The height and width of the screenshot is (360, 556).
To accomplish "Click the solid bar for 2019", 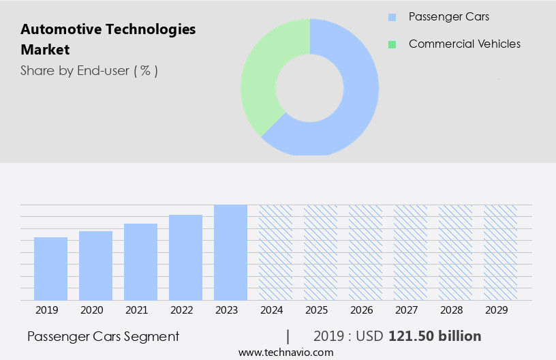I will click(50, 269).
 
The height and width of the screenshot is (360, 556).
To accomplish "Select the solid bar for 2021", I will click(140, 262).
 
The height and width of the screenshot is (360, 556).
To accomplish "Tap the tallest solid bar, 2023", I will click(230, 252).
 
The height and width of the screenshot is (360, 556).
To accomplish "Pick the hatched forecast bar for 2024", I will click(275, 252).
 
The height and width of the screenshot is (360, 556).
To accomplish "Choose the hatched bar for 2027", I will click(410, 252).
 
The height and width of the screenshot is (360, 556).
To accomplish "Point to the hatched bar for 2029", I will click(500, 252).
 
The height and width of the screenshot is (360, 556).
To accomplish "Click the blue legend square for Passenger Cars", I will click(392, 17).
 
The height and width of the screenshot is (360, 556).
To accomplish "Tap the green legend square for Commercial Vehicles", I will click(392, 44).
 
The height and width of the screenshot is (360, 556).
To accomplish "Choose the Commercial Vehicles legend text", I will click(464, 44).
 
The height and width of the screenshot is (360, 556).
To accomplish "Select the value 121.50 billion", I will click(435, 336).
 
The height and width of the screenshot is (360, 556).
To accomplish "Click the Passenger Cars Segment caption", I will click(103, 336).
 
